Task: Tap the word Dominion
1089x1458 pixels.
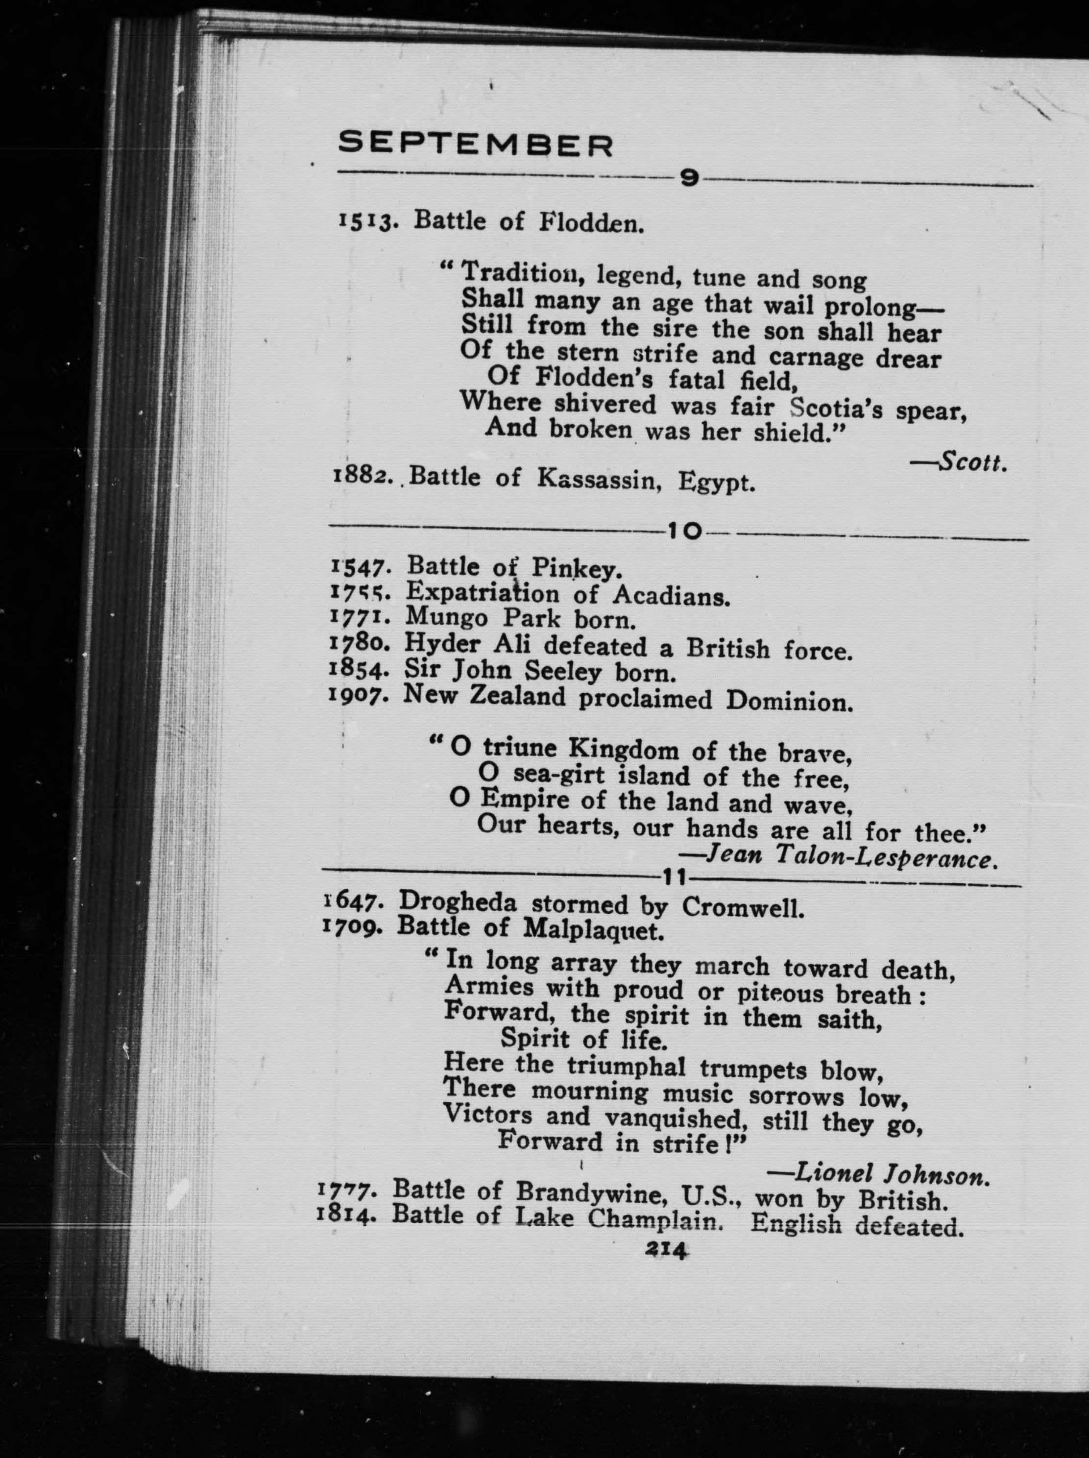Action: (789, 701)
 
